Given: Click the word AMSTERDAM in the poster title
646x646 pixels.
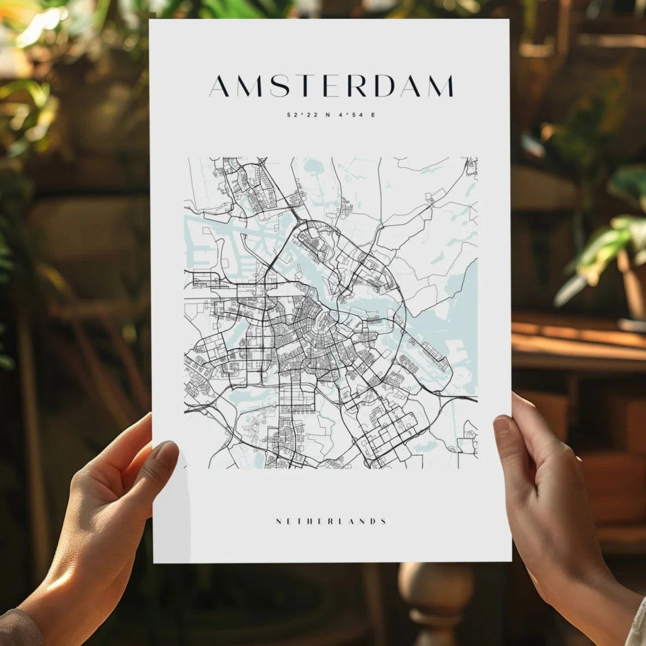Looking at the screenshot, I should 331,86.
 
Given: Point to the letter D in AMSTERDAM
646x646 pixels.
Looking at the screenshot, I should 384,86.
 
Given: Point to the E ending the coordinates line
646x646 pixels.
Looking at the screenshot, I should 373,115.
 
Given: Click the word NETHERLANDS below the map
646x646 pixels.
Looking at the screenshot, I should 331,522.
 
